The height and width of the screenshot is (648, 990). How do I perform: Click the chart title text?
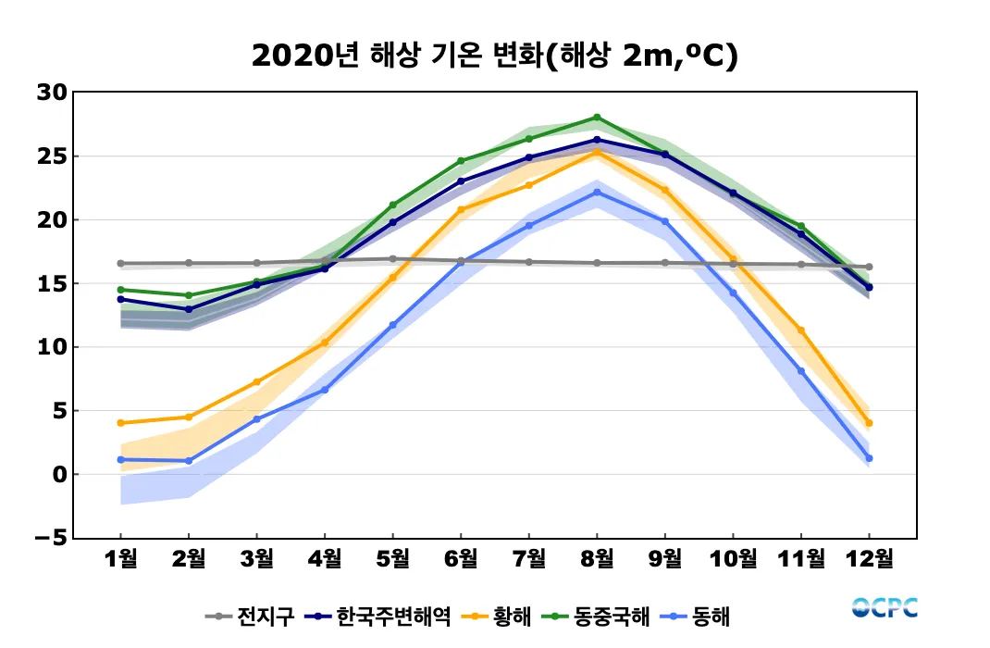(494, 56)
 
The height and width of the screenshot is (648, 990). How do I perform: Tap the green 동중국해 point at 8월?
(597, 118)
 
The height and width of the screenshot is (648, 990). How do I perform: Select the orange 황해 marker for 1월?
(121, 423)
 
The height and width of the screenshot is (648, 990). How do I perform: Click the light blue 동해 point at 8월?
(597, 193)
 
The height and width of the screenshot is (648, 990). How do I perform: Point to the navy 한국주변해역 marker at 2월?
(189, 309)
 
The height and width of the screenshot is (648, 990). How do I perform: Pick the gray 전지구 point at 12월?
(869, 267)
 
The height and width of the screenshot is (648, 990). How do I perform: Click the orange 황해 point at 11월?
(801, 330)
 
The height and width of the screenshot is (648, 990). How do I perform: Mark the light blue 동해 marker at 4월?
(325, 390)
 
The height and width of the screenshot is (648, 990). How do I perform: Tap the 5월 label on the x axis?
(392, 558)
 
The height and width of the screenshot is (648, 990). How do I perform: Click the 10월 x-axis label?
(733, 558)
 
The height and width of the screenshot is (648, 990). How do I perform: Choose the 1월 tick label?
(121, 558)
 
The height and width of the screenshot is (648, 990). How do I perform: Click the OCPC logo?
(885, 607)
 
